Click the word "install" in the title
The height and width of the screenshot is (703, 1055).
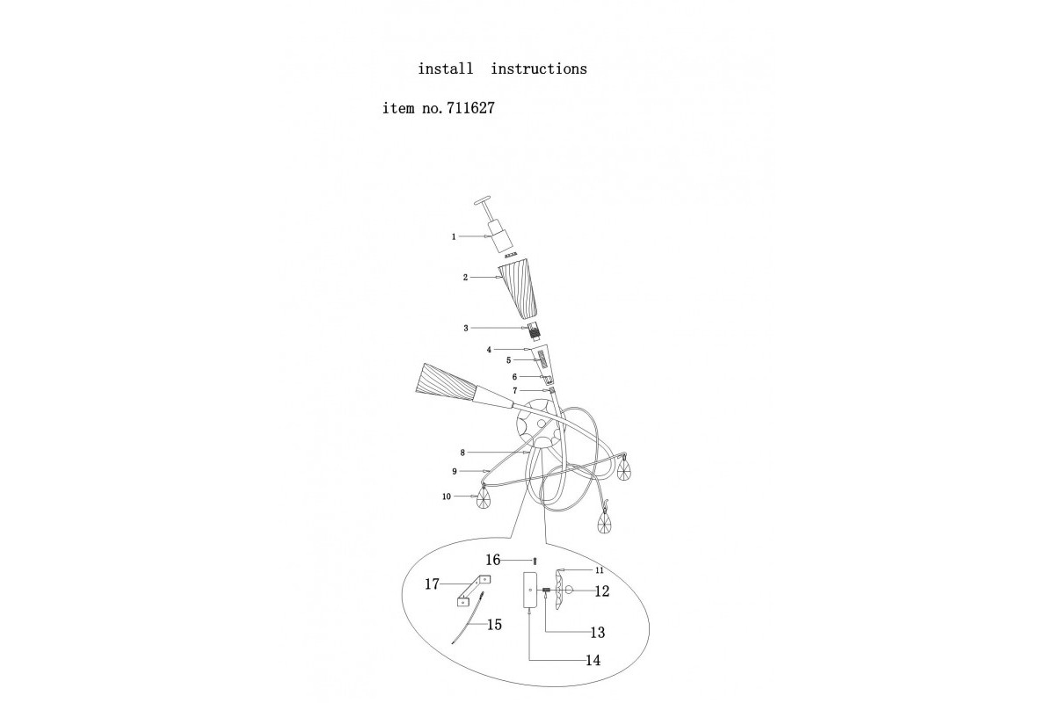(445, 69)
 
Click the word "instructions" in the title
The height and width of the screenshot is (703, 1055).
(538, 69)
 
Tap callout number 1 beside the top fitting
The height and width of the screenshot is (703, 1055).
(454, 236)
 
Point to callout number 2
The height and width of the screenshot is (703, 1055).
(465, 277)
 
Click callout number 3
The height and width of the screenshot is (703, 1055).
(466, 328)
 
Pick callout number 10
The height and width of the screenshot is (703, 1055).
(446, 497)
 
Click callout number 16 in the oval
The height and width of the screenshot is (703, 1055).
(492, 560)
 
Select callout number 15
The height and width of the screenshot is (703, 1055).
(494, 625)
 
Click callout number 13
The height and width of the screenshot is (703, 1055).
(597, 632)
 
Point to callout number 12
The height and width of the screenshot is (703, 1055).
(601, 591)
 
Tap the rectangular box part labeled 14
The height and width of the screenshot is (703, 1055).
(530, 591)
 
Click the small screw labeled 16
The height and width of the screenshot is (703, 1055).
(535, 561)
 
